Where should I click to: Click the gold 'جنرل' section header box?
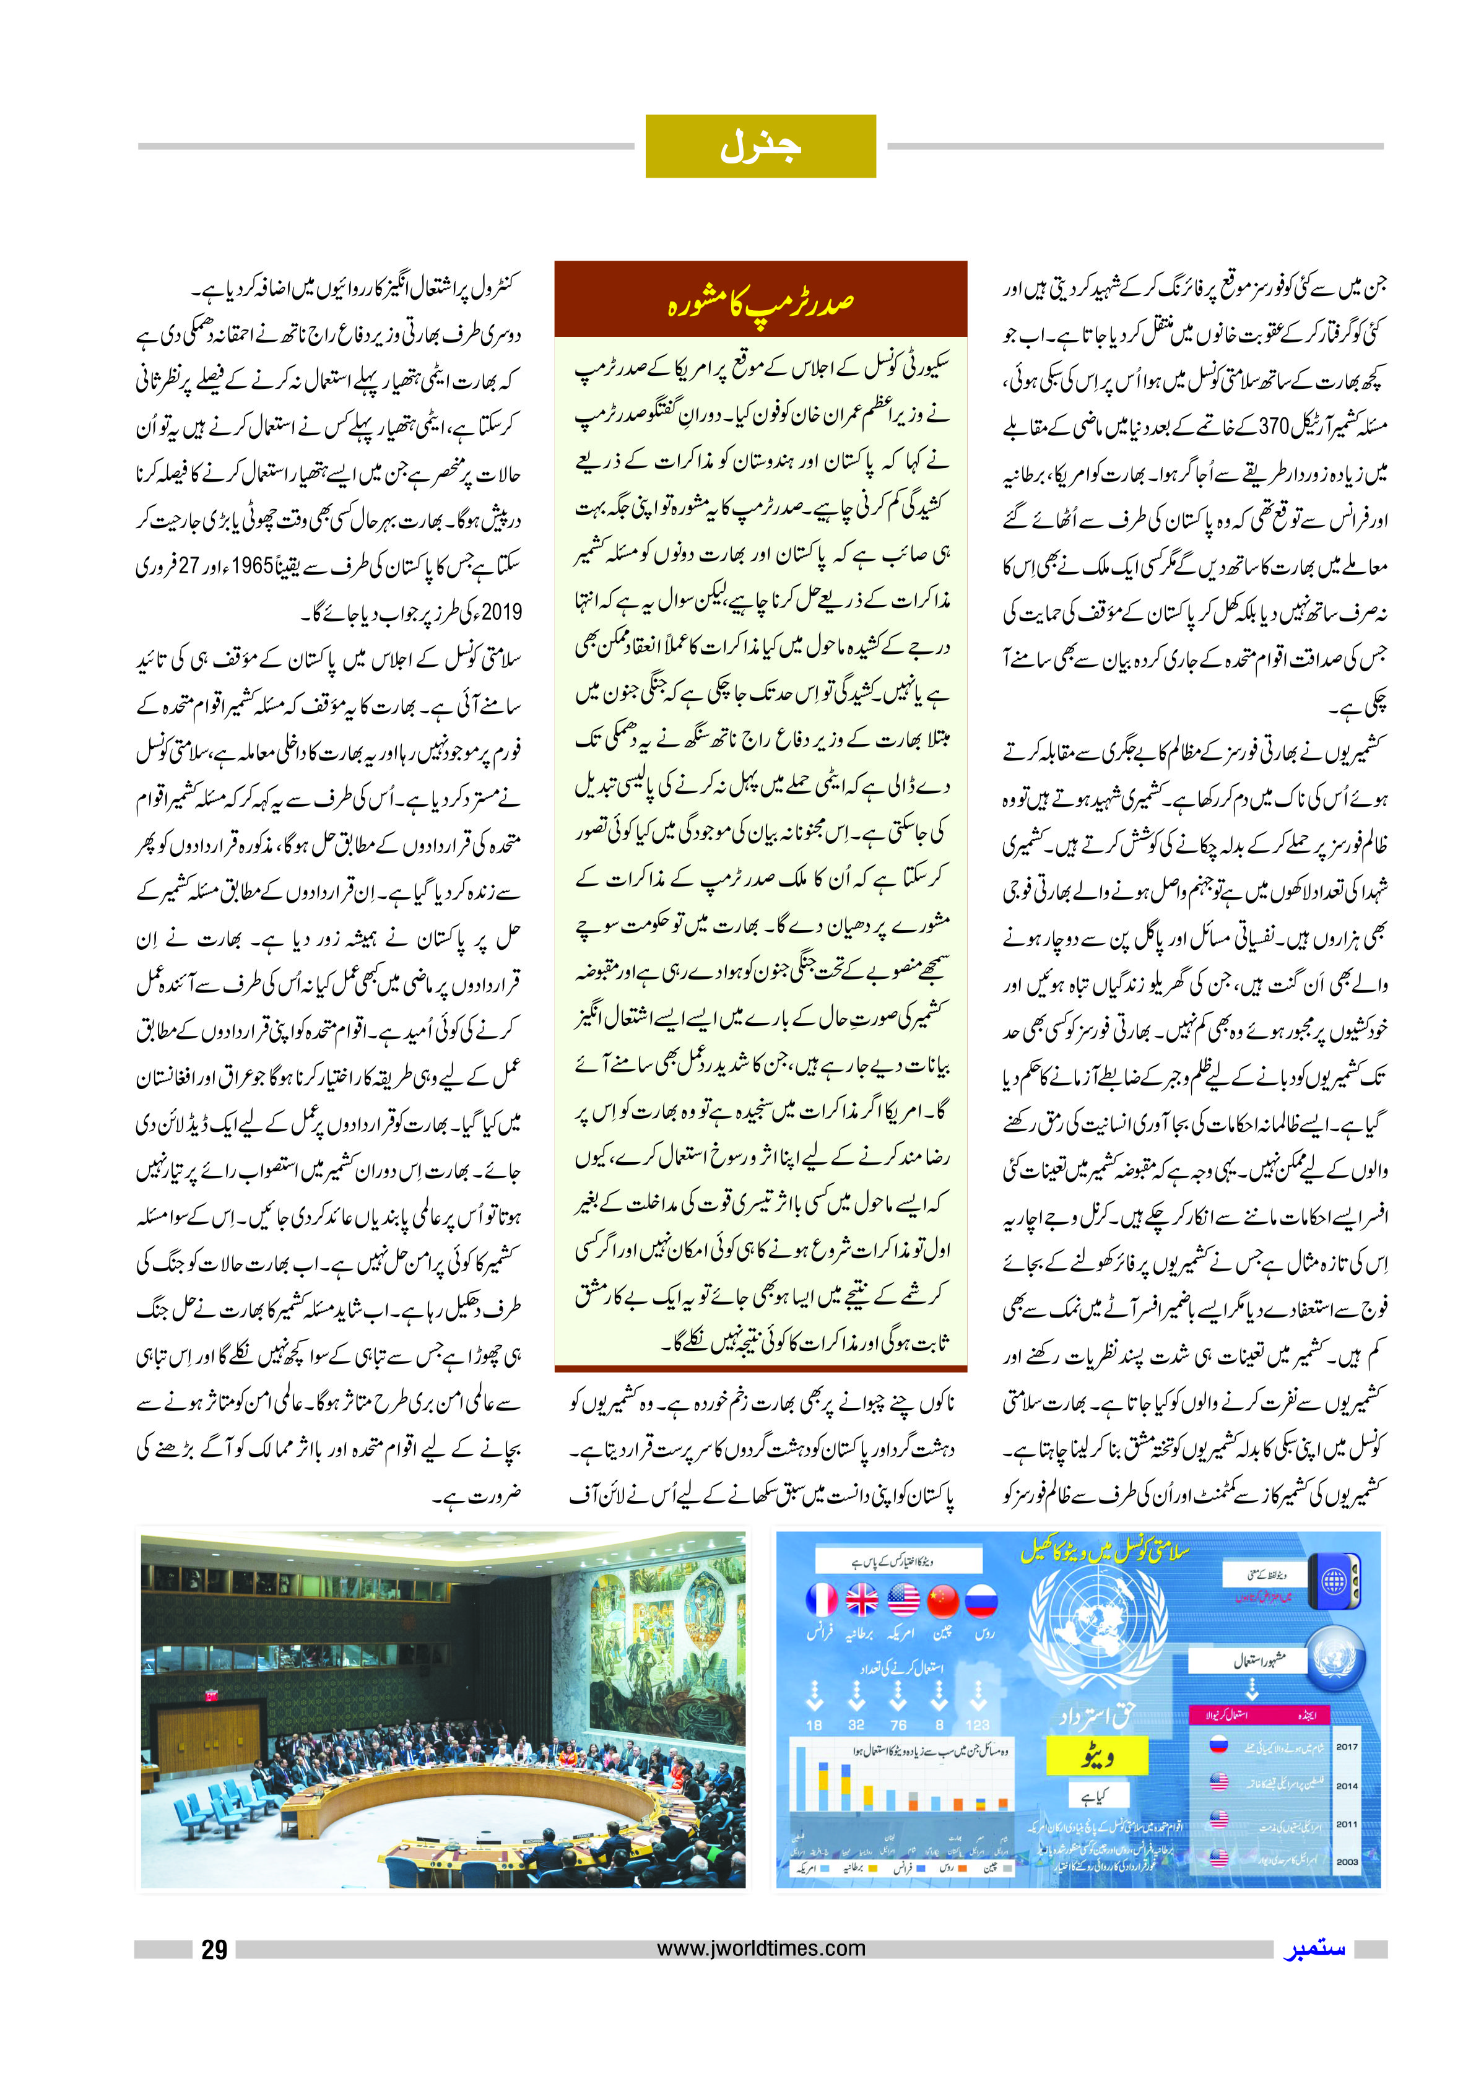[x=760, y=146]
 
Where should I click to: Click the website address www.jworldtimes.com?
[x=761, y=1948]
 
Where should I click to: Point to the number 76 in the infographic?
[x=898, y=1724]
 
